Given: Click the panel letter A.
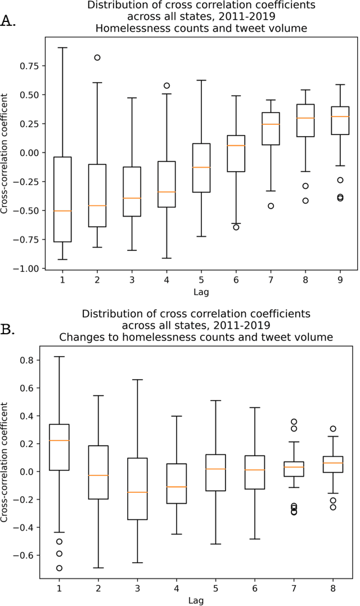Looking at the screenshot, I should (x=8, y=21).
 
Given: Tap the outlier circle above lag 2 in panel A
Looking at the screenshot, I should (x=97, y=57).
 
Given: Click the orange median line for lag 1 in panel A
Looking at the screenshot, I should (x=62, y=210).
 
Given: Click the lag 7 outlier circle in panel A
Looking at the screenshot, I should (x=271, y=206).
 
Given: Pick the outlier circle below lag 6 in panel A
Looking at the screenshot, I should (x=236, y=227).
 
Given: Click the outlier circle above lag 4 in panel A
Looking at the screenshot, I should (x=166, y=86).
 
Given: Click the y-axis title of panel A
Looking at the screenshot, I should (x=6, y=153).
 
